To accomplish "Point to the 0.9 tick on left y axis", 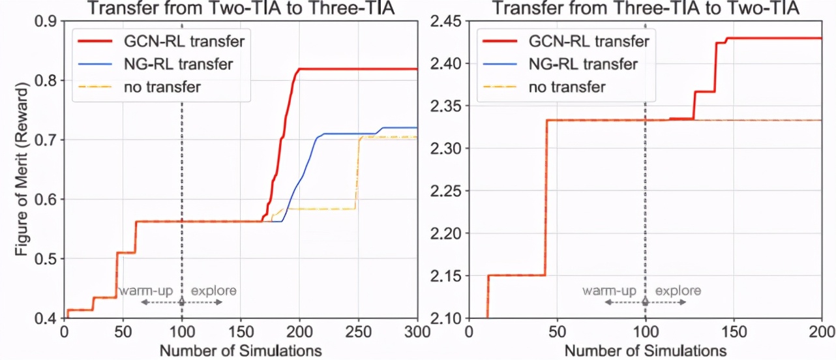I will coord(44,22).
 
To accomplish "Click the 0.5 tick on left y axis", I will coord(44,259).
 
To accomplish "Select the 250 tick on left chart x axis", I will coord(358,331).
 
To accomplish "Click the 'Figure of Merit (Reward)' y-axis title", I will coord(22,170).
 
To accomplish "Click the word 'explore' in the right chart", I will coord(678,291).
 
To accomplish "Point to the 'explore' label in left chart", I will coord(213,291).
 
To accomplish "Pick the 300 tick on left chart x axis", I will coord(417,331).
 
